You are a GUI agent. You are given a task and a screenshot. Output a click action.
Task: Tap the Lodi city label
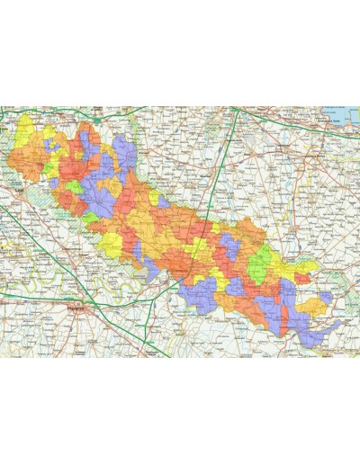[20, 191]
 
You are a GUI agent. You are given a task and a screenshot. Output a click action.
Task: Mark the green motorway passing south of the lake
[297, 127]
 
